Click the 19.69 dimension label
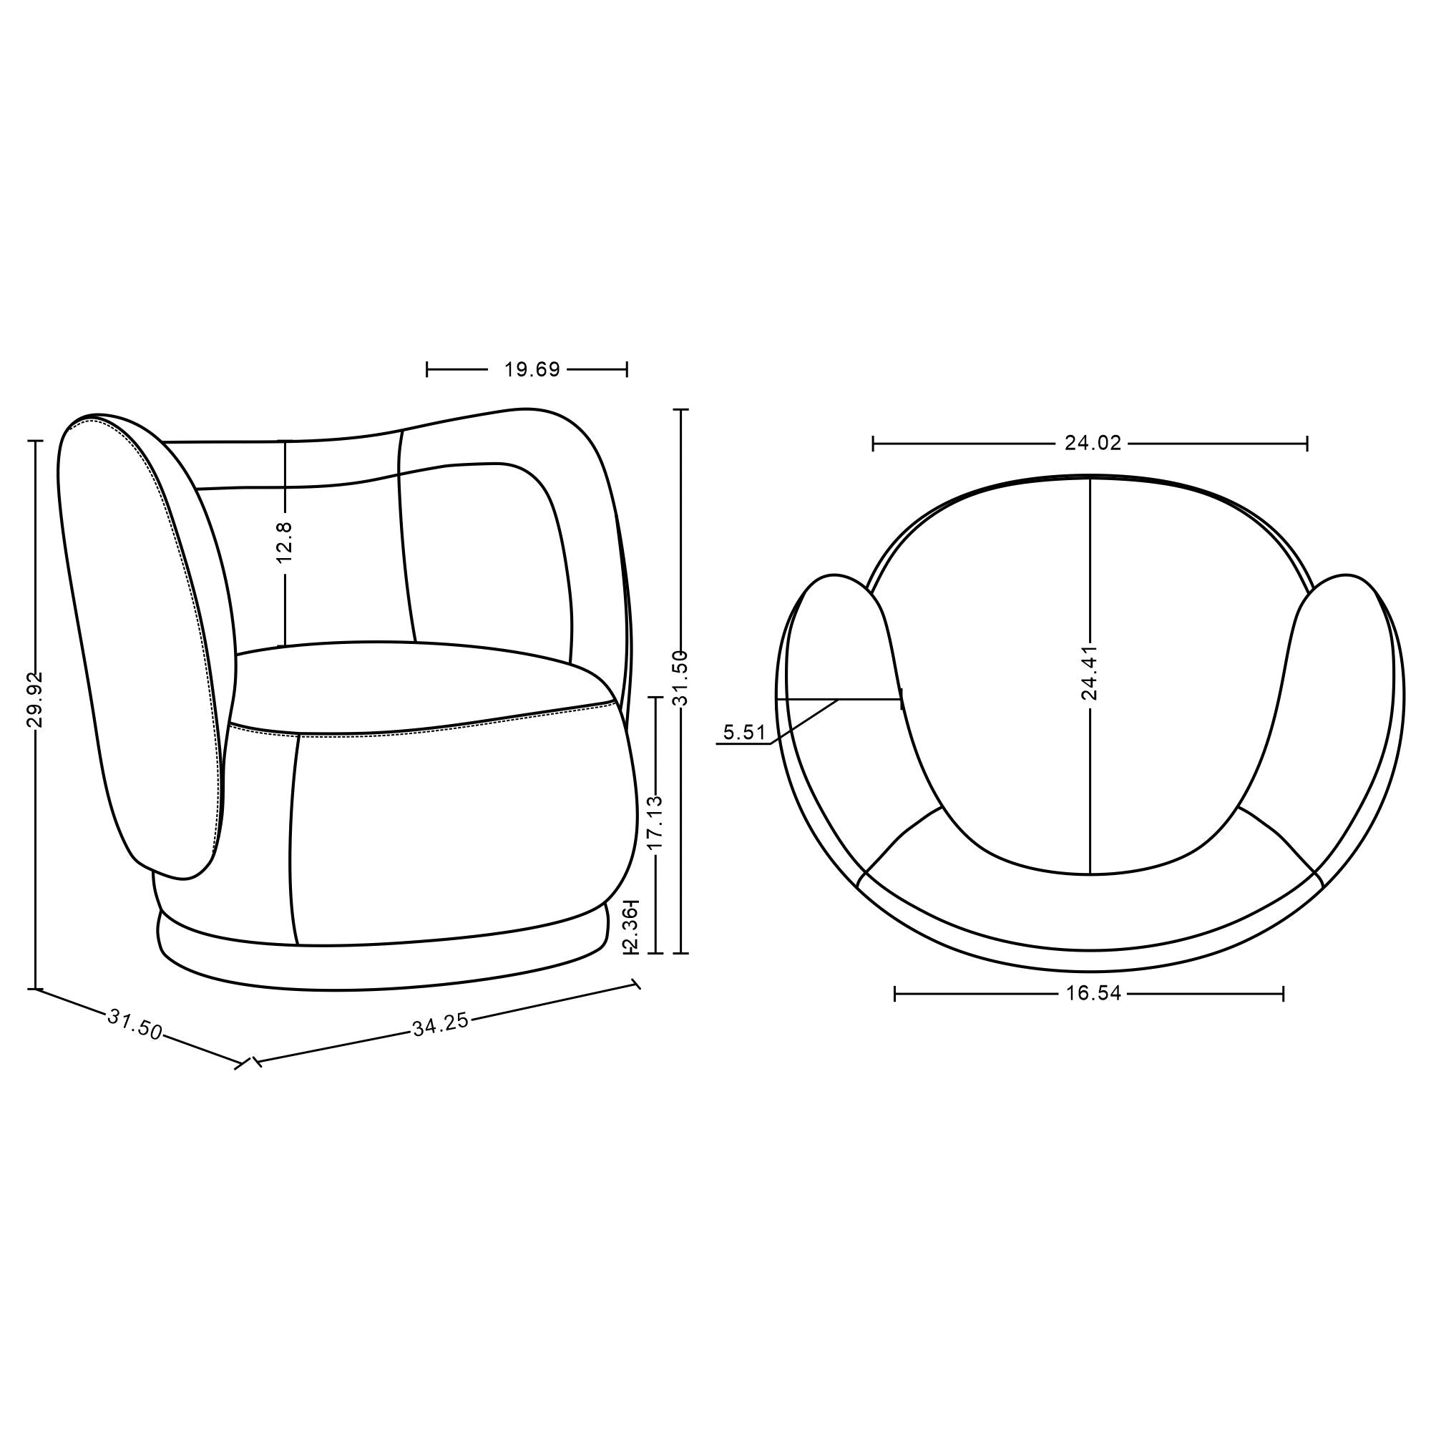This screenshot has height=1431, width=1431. tap(532, 370)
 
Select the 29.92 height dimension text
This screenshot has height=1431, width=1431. tap(35, 699)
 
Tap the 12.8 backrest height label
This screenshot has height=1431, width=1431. tap(285, 542)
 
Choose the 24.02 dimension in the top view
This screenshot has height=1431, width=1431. tap(1093, 443)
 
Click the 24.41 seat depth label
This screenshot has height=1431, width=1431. tap(1089, 673)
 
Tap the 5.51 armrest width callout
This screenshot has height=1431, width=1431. tap(743, 733)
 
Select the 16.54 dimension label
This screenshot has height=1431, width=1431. tap(1093, 993)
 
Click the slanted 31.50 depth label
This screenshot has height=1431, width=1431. tap(135, 1025)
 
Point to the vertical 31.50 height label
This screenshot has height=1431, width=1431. tap(682, 678)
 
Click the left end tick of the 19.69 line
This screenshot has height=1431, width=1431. tap(427, 369)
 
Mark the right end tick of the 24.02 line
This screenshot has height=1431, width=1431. tap(1307, 444)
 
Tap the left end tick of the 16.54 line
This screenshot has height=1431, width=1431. tap(896, 993)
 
